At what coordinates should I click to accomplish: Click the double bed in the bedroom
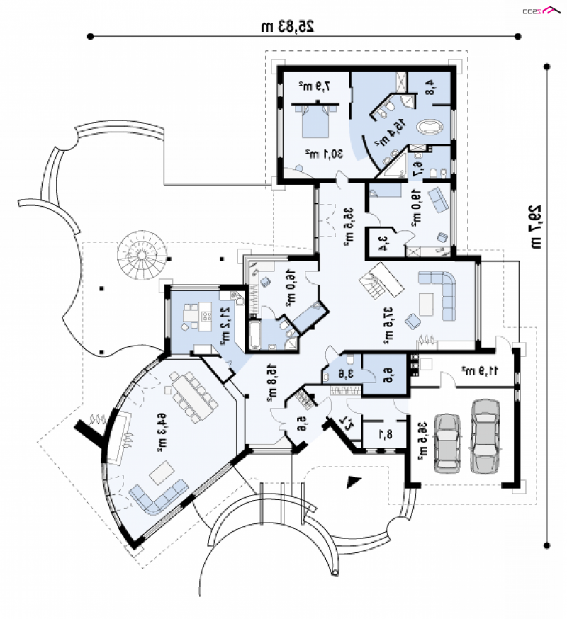(x=316, y=123)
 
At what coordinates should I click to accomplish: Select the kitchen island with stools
(x=193, y=314)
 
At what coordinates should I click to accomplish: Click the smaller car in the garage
(x=447, y=442)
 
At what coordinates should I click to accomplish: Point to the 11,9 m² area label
(x=481, y=370)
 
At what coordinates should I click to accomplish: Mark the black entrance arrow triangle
(x=353, y=482)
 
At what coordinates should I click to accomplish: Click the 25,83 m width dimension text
(x=287, y=26)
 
